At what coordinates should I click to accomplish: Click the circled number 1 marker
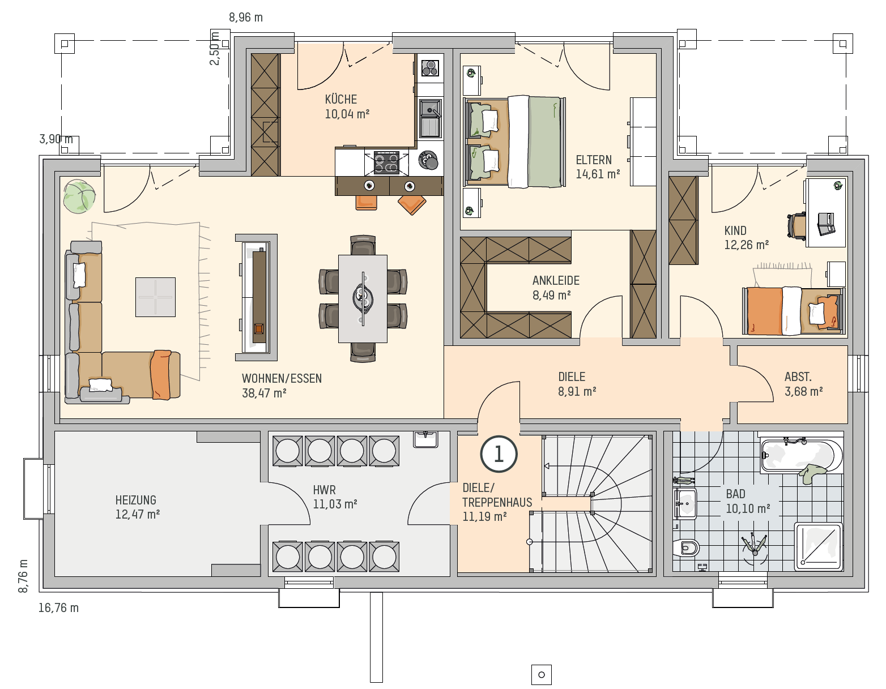point(499,454)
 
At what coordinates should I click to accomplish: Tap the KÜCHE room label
point(341,100)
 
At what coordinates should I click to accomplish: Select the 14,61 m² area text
point(598,174)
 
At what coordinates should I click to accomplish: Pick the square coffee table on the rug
point(155,297)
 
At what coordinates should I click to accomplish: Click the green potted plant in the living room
point(79,196)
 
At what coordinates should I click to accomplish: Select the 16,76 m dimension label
point(58,608)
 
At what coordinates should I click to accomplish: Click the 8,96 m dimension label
point(246,18)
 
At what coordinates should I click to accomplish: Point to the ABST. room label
point(798,376)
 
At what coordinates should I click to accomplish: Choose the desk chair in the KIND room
point(796,225)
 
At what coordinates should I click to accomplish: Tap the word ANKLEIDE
point(556,280)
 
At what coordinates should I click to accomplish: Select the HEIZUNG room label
point(136,500)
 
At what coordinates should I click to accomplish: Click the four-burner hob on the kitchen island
point(386,162)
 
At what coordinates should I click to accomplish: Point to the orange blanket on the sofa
point(161,375)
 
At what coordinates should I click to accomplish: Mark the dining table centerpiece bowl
point(363,299)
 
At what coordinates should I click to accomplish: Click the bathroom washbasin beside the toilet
point(685,504)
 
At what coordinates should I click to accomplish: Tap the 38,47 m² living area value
point(264,393)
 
